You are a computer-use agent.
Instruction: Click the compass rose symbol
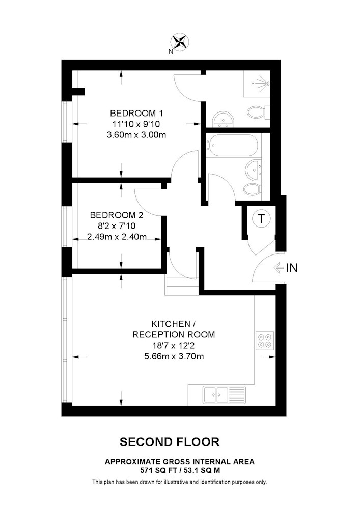coord(180,42)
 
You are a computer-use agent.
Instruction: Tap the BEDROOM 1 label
coord(136,114)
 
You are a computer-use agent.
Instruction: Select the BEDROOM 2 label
coord(117,215)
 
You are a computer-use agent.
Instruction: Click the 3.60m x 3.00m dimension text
coord(136,135)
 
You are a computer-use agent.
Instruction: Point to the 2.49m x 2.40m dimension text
coord(117,237)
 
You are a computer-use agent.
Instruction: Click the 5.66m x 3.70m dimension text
coord(174,356)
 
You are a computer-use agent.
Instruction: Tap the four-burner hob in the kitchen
coord(265,341)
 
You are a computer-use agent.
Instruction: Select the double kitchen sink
coord(225,394)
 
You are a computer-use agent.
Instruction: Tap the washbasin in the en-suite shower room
coord(223,120)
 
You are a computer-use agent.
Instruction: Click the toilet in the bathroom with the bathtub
coord(254,189)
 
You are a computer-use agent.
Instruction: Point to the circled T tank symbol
coord(261,218)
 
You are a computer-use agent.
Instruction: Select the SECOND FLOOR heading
coord(170,442)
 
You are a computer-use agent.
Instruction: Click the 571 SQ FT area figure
coord(151,470)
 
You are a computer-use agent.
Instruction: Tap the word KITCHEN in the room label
coord(171,324)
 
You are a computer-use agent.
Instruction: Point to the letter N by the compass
coord(171,51)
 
